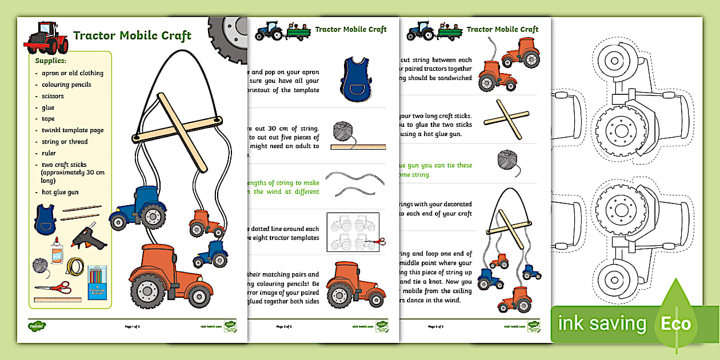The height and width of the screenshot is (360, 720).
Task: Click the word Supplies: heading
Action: (x=51, y=60)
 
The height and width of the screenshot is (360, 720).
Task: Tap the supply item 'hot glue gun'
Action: (x=60, y=192)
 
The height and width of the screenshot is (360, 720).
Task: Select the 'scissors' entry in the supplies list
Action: (x=53, y=96)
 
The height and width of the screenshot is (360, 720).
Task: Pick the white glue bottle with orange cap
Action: (x=56, y=251)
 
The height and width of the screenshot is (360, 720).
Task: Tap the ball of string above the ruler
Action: (x=343, y=131)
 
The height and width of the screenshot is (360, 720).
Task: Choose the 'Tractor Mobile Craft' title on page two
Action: (x=351, y=29)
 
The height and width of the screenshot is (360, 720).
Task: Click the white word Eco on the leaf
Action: (x=677, y=324)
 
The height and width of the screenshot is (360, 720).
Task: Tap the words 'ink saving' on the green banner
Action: (x=602, y=324)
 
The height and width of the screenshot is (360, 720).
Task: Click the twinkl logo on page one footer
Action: (x=37, y=326)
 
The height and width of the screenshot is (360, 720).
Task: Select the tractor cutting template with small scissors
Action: (x=351, y=232)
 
